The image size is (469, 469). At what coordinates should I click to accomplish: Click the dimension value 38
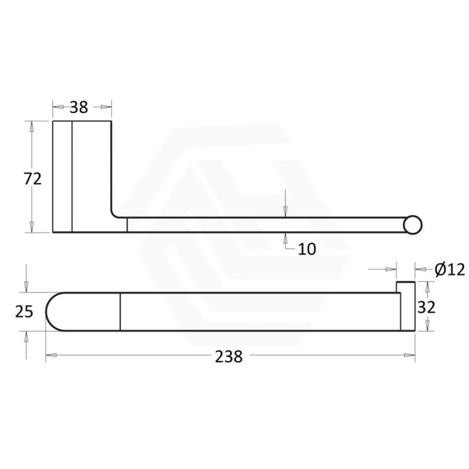pyautogui.click(x=79, y=107)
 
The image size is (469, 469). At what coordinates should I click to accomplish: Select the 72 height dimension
pyautogui.click(x=33, y=179)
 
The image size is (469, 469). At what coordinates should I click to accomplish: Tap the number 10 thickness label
pyautogui.click(x=307, y=249)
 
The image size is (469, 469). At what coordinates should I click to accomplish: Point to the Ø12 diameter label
pyautogui.click(x=450, y=270)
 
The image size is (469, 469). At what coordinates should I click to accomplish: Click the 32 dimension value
pyautogui.click(x=426, y=307)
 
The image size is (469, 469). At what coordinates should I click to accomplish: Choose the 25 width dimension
pyautogui.click(x=24, y=312)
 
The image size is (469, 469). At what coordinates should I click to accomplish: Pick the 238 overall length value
pyautogui.click(x=229, y=356)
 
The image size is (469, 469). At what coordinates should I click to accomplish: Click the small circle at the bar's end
pyautogui.click(x=413, y=225)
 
